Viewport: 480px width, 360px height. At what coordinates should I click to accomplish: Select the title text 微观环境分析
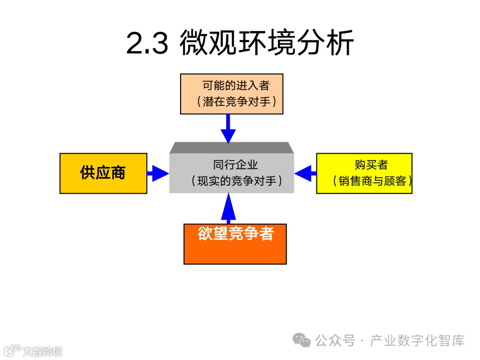point(267,43)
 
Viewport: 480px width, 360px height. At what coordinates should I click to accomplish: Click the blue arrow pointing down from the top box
point(228,128)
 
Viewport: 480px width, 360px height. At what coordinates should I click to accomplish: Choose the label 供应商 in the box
point(103,173)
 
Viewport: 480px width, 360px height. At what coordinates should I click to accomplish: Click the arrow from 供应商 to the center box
point(157,173)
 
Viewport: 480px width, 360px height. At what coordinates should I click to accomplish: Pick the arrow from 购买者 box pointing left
point(305,173)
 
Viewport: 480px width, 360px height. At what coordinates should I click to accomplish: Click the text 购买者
point(372,165)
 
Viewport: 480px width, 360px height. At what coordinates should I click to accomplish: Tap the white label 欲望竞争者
point(236,234)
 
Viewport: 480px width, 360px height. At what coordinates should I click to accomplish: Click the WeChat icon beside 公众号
point(302,340)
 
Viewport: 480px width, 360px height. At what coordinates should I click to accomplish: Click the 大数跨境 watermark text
point(43,351)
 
